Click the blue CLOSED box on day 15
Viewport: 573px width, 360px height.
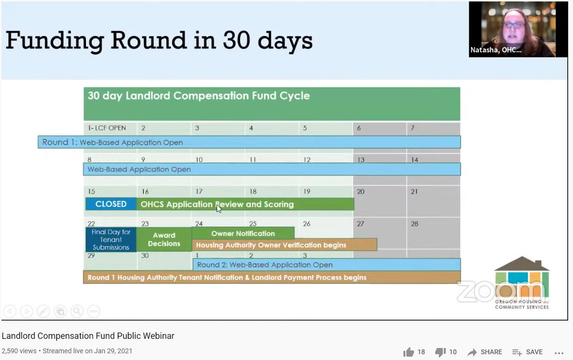click(x=111, y=204)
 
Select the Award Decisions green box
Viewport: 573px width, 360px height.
click(x=164, y=239)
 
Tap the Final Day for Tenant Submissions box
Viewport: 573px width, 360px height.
click(x=111, y=239)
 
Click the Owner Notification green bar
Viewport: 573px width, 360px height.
click(x=243, y=234)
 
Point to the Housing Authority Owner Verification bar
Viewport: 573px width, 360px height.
click(x=284, y=245)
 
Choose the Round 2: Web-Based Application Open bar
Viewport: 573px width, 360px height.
click(x=327, y=264)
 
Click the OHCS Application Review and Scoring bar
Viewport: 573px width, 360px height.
click(x=245, y=204)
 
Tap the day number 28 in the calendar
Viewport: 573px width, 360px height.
click(x=415, y=223)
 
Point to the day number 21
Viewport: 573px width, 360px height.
click(x=414, y=191)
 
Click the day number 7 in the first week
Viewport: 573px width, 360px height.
click(x=413, y=128)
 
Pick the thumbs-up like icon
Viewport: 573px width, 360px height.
click(x=409, y=352)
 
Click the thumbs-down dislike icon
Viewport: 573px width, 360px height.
click(x=440, y=352)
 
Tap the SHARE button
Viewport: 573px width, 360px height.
click(x=485, y=352)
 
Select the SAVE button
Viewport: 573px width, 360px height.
click(x=527, y=352)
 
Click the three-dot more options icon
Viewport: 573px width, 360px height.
click(x=559, y=353)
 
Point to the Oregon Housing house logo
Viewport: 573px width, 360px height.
click(x=522, y=283)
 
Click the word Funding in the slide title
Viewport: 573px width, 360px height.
click(x=55, y=41)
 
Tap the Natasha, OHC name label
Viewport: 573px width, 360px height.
click(x=496, y=50)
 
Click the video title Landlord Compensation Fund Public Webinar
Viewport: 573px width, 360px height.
click(x=88, y=336)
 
